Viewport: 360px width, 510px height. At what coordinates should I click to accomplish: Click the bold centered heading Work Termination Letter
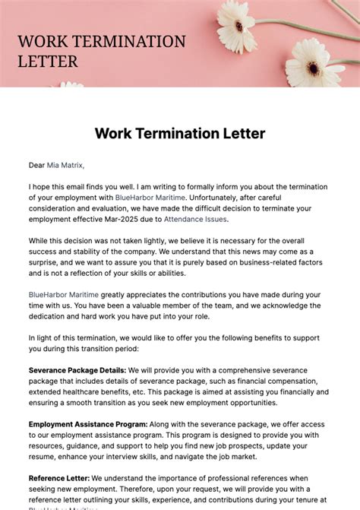point(180,134)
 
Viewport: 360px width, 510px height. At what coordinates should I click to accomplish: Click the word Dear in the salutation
point(36,164)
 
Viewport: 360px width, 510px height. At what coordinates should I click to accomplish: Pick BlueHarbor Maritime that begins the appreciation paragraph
point(65,293)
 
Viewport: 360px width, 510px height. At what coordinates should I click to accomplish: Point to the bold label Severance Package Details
point(77,370)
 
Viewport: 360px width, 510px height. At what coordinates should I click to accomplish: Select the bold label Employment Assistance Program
point(87,424)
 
